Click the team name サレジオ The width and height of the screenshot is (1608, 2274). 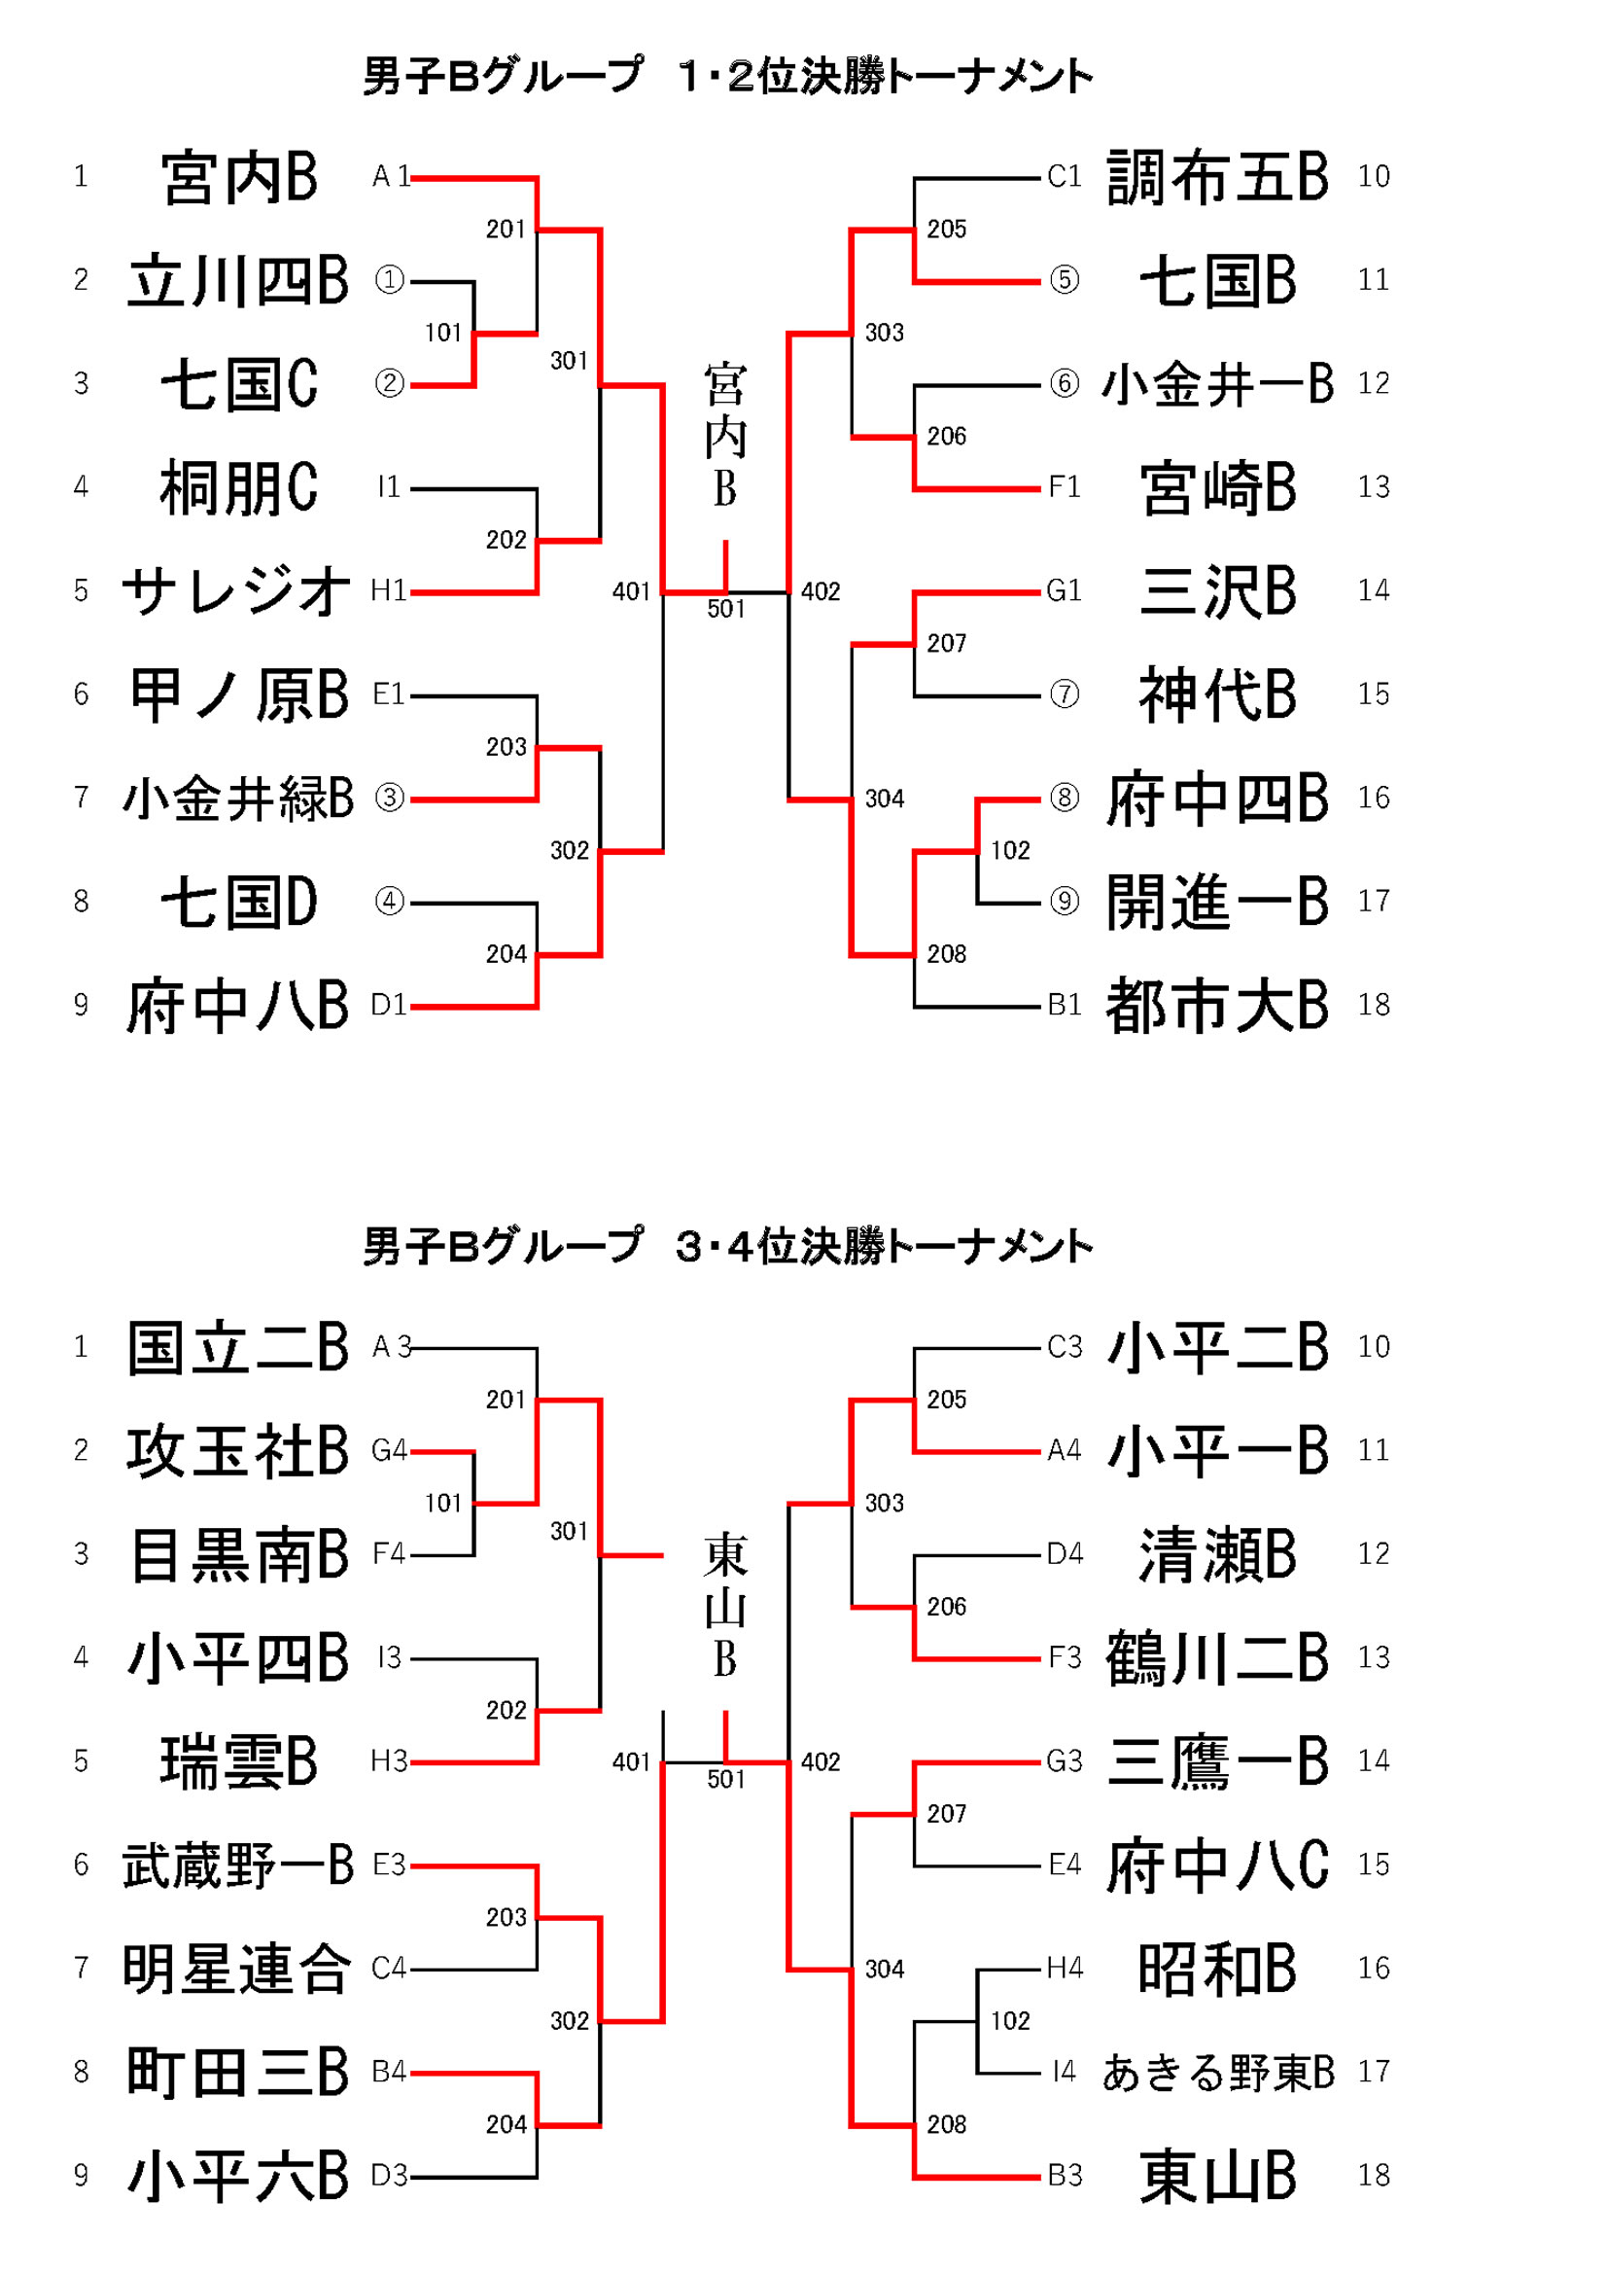point(235,591)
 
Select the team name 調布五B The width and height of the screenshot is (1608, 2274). point(1217,177)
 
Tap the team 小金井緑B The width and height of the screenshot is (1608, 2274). point(237,799)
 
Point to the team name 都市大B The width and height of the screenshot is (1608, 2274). point(1217,1006)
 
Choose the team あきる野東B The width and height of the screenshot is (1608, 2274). point(1218,2072)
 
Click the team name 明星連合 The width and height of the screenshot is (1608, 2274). point(237,1969)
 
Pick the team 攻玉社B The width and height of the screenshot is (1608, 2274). point(237,1451)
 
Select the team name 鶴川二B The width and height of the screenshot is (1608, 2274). point(1217,1658)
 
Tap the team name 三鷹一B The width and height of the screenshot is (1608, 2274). point(1217,1762)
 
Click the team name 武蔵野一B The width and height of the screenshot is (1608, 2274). point(237,1865)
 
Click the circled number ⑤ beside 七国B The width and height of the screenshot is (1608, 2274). point(1064,280)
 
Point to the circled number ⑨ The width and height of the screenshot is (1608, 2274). point(1064,902)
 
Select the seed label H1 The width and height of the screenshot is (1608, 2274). point(388,591)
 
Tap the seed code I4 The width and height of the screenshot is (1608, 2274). point(1064,2072)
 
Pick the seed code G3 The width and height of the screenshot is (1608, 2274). point(1064,1762)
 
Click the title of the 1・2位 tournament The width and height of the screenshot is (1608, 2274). point(728,76)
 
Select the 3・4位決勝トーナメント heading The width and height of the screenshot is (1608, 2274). point(728,1247)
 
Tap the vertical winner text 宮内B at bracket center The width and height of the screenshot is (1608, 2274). point(725,436)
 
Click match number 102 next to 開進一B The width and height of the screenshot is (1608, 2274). point(1010,850)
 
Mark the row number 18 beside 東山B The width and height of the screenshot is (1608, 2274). point(1374,2176)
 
